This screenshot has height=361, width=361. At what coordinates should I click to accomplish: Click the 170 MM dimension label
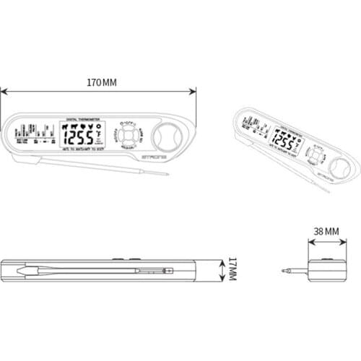click(x=101, y=82)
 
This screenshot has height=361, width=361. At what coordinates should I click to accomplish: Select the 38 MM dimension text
click(x=326, y=231)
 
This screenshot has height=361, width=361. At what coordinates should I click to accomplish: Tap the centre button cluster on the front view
click(x=130, y=136)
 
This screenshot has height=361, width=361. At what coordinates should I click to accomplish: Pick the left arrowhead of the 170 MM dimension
click(x=3, y=91)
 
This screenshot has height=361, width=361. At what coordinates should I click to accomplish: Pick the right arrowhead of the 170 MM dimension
click(x=194, y=91)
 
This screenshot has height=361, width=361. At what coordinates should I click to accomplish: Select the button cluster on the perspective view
click(x=316, y=155)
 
